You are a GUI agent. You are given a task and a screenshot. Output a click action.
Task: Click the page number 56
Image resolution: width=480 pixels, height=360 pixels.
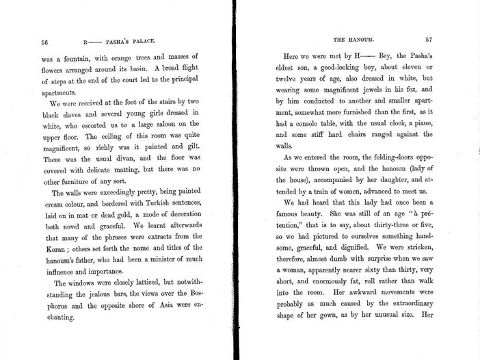(x=44, y=40)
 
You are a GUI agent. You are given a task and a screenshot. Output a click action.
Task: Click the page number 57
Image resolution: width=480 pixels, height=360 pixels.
(x=429, y=40)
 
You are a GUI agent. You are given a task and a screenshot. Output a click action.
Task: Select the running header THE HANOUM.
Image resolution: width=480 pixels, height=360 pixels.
(x=351, y=40)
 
